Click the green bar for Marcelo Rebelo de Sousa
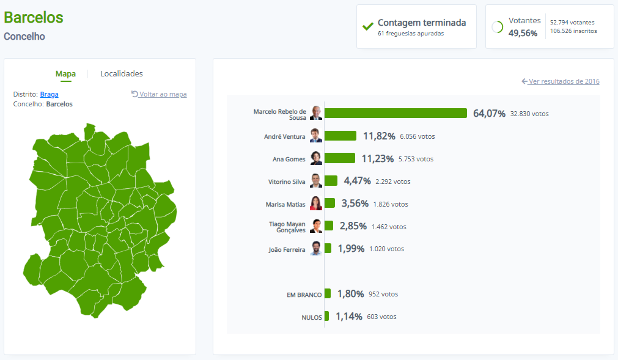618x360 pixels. click(395, 114)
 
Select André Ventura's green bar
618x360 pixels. click(340, 136)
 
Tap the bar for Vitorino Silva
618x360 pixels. click(331, 181)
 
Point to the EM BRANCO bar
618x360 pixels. click(327, 294)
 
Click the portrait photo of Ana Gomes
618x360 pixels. click(315, 158)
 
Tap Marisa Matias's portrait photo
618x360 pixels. click(315, 204)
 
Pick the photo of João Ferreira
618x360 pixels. click(315, 249)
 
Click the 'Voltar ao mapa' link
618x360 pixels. click(159, 94)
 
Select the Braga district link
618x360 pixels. click(50, 94)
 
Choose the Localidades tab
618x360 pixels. click(122, 74)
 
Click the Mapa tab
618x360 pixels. click(65, 74)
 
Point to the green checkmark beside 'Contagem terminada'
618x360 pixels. click(368, 26)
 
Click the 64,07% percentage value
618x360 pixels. click(489, 114)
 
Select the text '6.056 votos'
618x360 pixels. click(418, 136)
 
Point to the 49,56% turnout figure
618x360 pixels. click(523, 33)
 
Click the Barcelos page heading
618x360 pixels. click(34, 17)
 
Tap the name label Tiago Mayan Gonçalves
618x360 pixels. click(287, 227)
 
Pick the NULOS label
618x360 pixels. click(312, 317)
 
